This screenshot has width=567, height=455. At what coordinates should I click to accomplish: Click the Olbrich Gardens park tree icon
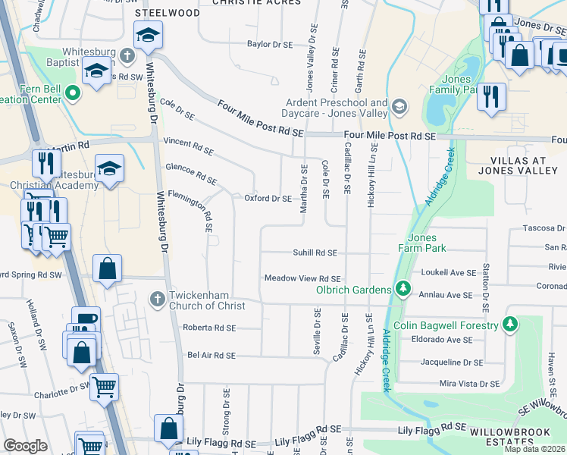(403, 289)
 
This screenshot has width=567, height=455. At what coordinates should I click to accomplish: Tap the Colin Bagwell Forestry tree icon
(511, 325)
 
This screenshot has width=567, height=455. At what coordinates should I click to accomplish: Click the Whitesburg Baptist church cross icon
(127, 56)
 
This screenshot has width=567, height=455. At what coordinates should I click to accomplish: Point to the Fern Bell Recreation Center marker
(73, 93)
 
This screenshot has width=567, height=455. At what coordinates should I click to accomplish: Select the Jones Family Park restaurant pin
(492, 96)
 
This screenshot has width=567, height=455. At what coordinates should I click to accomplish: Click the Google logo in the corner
(26, 446)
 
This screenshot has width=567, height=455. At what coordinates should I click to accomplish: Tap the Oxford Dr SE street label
(268, 199)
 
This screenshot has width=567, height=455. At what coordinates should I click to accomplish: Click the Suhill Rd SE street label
(315, 253)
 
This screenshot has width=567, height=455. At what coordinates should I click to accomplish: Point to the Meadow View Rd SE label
(302, 278)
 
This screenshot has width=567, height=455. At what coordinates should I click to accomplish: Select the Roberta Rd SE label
(210, 328)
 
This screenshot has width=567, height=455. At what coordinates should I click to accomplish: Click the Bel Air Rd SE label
(211, 355)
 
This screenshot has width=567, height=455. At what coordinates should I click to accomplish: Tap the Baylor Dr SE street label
(270, 45)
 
